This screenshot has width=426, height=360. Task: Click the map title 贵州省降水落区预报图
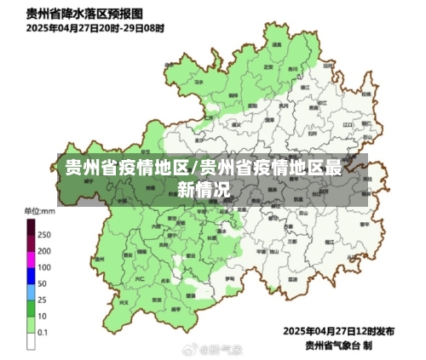click(83, 14)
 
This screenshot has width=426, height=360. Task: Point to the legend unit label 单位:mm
click(39, 211)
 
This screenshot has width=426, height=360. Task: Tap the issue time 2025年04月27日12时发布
click(338, 331)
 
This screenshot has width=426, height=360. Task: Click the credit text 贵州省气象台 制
click(338, 345)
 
